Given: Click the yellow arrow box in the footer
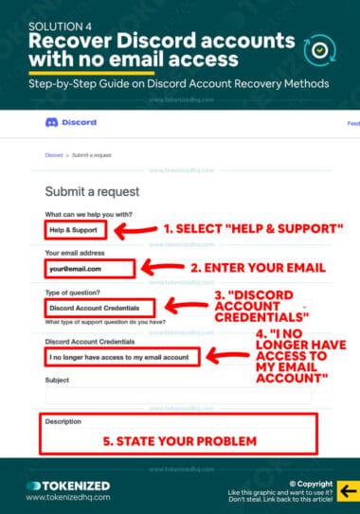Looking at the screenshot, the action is click(x=348, y=490).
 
